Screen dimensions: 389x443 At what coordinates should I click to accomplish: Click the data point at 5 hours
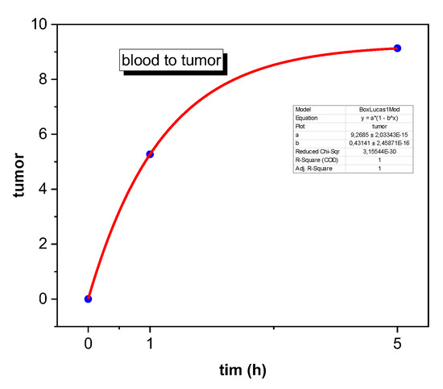pos(397,48)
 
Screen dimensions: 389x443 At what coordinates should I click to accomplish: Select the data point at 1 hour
pos(150,154)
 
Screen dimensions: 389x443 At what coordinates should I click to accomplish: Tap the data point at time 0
pos(88,299)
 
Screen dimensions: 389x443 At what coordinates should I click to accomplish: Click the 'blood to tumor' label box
pos(170,61)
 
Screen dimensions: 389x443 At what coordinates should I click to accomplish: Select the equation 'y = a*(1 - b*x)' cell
pos(379,118)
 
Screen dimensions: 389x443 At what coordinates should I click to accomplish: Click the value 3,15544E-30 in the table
pos(379,150)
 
